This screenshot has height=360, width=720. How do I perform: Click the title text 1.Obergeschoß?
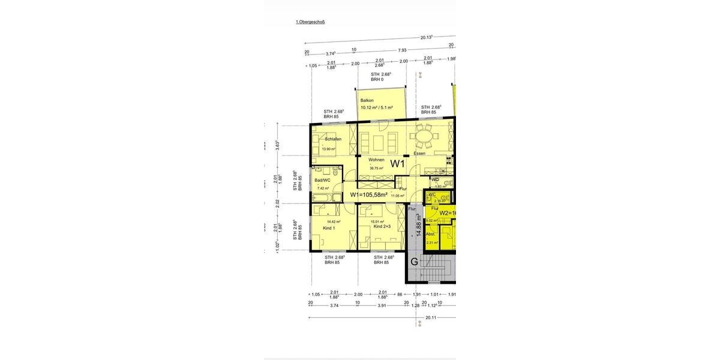point(310,22)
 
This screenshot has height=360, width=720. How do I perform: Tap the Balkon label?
point(367,100)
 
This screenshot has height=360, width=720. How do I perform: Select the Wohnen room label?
point(376,160)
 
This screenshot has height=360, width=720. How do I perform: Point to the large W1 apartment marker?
point(398,163)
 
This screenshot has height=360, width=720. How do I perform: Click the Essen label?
point(419,154)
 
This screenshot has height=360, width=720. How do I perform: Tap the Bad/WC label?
point(322,180)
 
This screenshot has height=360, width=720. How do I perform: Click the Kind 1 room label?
point(329,227)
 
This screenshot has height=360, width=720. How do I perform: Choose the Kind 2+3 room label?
point(382,227)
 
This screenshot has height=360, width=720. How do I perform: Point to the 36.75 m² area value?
point(376,168)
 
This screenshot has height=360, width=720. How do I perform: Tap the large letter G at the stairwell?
point(414,261)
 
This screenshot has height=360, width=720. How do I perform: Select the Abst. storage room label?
point(430,234)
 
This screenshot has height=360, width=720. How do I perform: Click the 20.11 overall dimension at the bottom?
point(431,318)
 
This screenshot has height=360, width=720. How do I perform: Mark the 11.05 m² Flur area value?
point(397,196)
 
